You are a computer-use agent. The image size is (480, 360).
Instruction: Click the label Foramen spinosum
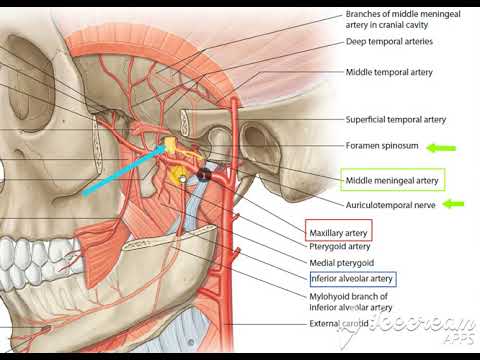(x=381, y=148)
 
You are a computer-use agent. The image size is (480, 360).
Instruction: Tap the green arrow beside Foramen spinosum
(x=441, y=148)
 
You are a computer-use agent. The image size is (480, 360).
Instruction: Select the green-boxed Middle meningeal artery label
(x=391, y=181)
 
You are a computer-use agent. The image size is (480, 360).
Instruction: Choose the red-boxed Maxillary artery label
(x=339, y=232)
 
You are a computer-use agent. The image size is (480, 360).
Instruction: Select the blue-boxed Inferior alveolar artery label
(x=350, y=278)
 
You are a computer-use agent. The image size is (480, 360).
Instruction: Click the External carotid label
(x=344, y=324)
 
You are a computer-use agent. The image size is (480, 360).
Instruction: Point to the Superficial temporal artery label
(x=394, y=117)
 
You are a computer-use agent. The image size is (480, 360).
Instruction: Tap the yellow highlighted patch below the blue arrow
(x=180, y=177)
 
